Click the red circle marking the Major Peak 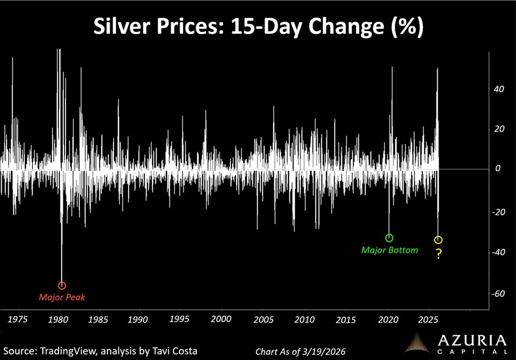point(62,286)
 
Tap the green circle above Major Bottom point(389,238)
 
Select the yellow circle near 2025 point(438,240)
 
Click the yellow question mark point(439,254)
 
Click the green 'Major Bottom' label point(389,250)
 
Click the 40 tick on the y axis point(498,89)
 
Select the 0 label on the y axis point(498,169)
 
